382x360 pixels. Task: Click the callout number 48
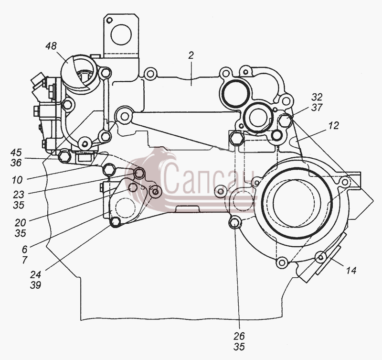click(51, 46)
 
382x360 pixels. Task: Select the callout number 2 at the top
click(191, 55)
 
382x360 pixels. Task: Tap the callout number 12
click(333, 126)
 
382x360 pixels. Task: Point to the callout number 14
click(351, 270)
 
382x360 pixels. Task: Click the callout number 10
click(17, 180)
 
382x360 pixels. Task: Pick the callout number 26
click(239, 336)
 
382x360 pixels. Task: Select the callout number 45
click(16, 153)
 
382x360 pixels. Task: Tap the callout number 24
click(35, 274)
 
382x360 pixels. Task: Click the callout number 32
click(317, 97)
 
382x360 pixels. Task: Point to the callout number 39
click(35, 285)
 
